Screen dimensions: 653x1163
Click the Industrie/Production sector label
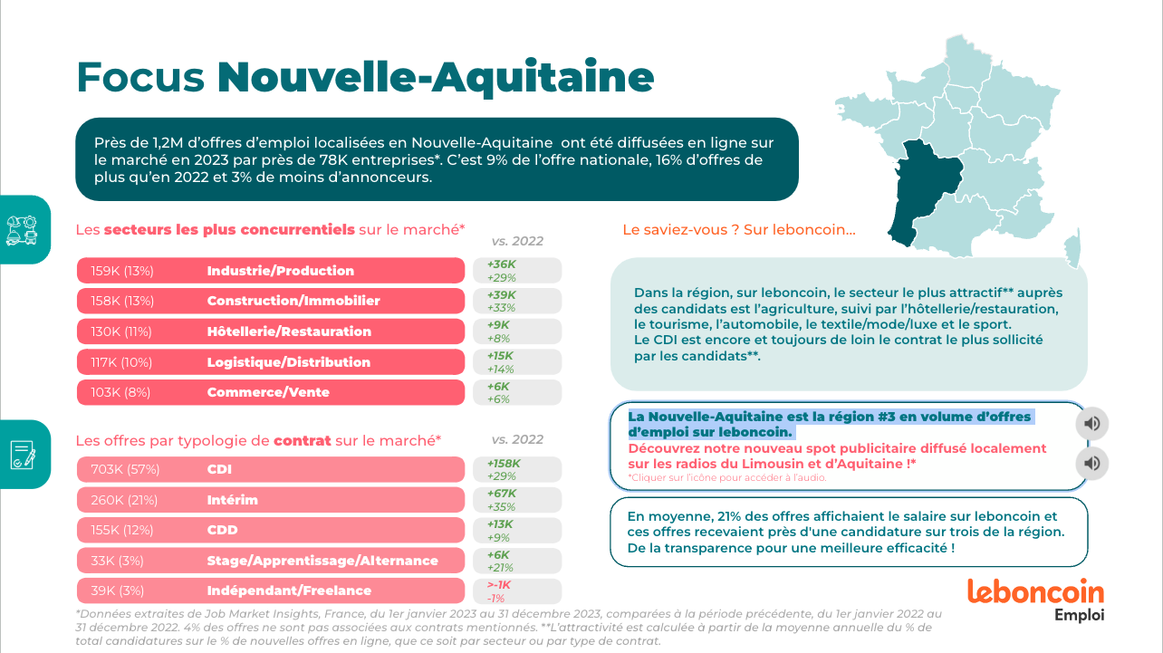(x=280, y=271)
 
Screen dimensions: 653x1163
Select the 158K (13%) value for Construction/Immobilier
(x=122, y=301)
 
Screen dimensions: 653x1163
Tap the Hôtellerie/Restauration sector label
(x=289, y=331)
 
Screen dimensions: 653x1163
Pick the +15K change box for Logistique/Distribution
(x=517, y=362)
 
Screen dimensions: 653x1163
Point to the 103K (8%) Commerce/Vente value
(x=120, y=392)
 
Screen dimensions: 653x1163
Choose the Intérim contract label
(x=232, y=500)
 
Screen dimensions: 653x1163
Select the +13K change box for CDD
(x=517, y=531)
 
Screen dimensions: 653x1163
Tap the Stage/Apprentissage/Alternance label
(x=322, y=561)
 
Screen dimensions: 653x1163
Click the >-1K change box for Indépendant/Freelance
(x=517, y=591)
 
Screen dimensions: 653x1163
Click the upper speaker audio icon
(x=1092, y=423)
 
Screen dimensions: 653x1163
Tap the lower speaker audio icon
(x=1092, y=464)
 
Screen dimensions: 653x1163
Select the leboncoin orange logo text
(x=1035, y=592)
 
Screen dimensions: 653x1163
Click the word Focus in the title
(x=140, y=78)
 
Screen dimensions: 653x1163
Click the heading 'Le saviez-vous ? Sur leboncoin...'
(x=738, y=230)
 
